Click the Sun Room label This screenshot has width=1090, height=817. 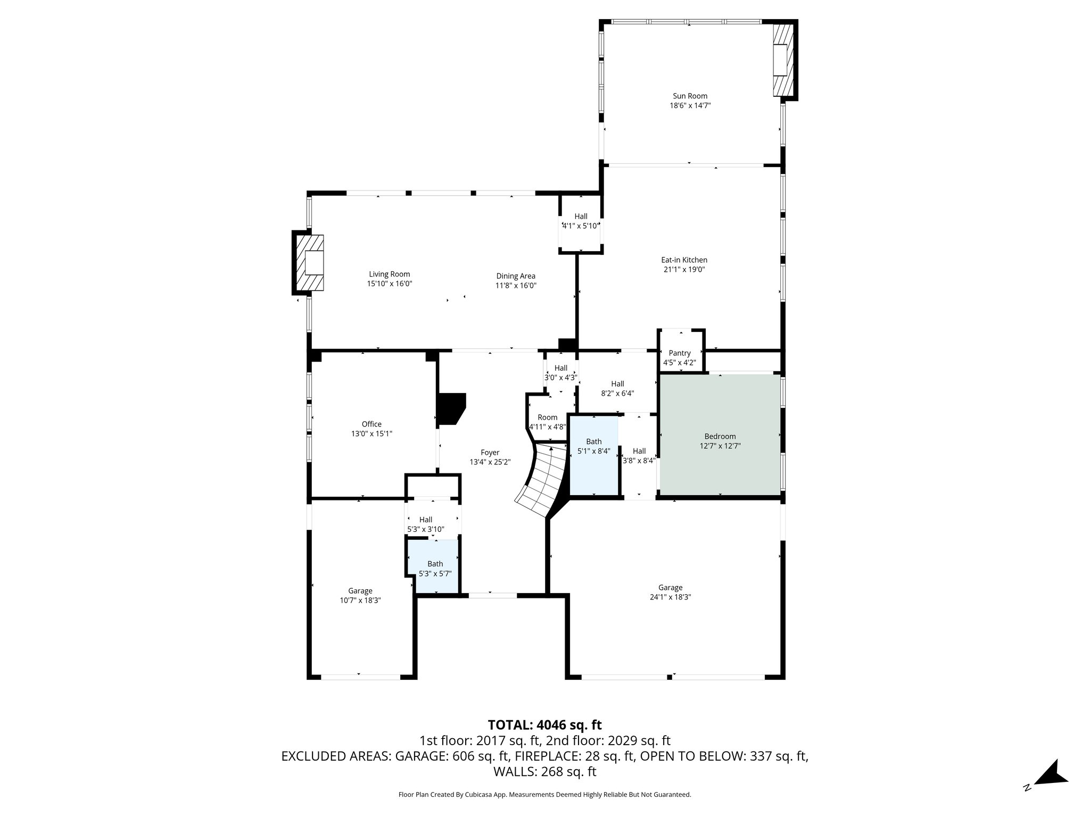pyautogui.click(x=690, y=96)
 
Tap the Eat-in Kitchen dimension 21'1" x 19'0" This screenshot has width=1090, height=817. pyautogui.click(x=684, y=270)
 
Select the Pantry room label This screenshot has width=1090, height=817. pyautogui.click(x=680, y=353)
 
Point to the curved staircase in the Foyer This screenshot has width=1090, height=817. pyautogui.click(x=543, y=481)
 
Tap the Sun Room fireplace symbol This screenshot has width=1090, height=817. pyautogui.click(x=781, y=60)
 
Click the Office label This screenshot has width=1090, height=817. pyautogui.click(x=371, y=424)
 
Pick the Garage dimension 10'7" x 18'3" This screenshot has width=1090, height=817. pyautogui.click(x=360, y=600)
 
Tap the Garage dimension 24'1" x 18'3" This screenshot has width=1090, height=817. pyautogui.click(x=670, y=597)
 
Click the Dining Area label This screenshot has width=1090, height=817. pyautogui.click(x=515, y=276)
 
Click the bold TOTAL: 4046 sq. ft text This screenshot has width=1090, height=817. pyautogui.click(x=544, y=725)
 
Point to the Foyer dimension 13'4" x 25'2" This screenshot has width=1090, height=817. pyautogui.click(x=490, y=462)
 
